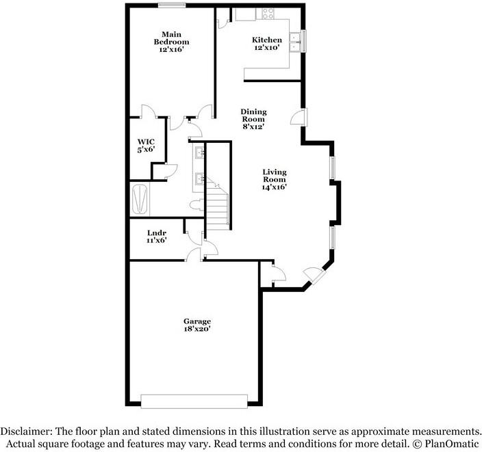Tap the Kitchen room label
point(267,44)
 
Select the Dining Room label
point(253,118)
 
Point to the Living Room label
point(274,179)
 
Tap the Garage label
point(196,325)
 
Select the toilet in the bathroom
point(195,205)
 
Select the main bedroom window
point(171,6)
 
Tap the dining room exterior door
point(299,117)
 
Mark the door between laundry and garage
point(194,254)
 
